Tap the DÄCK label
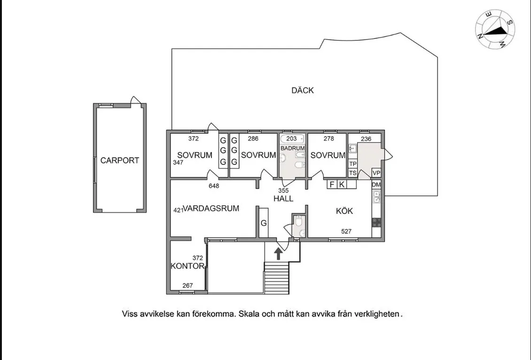coord(302,90)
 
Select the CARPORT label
coord(120,160)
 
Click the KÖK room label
coord(344,211)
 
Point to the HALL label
coord(283,199)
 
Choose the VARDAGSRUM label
coord(211,208)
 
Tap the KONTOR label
coord(187,266)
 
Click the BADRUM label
coord(292,148)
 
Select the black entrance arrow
coord(278,254)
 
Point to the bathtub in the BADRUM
coord(292,139)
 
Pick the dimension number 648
coord(214,186)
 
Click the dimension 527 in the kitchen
coord(346,231)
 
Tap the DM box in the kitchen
coord(376,185)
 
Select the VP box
coord(376,172)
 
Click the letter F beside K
coord(332,185)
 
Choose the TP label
coord(353,164)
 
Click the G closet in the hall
coord(264,223)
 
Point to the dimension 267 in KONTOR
coord(187,285)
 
